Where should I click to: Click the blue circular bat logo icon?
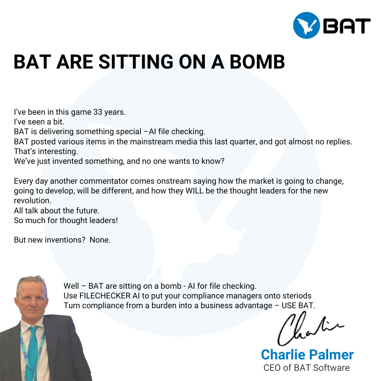click(x=306, y=25)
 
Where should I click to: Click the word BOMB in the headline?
click(x=257, y=62)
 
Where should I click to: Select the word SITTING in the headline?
click(x=136, y=62)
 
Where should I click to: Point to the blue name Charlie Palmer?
click(x=307, y=354)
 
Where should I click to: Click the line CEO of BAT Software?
click(x=306, y=367)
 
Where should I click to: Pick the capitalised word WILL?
click(x=194, y=191)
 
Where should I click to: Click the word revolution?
click(x=33, y=201)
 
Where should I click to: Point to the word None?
click(x=100, y=240)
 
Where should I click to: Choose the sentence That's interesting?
click(x=46, y=152)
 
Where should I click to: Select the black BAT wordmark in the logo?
click(x=347, y=26)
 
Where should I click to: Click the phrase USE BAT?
click(x=298, y=305)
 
